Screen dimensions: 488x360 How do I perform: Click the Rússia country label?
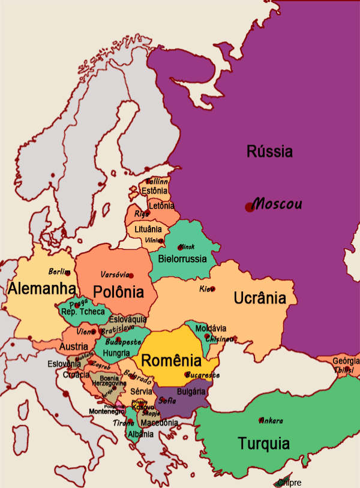coord(269,152)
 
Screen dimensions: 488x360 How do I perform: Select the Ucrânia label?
coord(265,298)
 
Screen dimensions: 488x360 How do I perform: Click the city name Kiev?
coord(206,289)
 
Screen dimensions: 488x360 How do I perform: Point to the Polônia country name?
coord(119,293)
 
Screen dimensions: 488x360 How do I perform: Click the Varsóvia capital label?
coord(115,275)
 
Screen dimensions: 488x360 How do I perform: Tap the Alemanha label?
coord(41,289)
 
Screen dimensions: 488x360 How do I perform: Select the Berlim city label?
coord(59,272)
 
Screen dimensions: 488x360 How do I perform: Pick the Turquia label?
coord(263,444)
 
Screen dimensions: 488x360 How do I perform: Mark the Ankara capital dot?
coord(260,420)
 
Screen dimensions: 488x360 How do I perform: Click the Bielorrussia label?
coord(182,260)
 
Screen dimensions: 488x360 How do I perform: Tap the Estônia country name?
coord(154,191)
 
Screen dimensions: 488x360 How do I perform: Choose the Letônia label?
coord(161,206)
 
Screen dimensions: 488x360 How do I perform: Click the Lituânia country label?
coord(148,229)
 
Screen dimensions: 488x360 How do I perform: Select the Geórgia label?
coord(346,361)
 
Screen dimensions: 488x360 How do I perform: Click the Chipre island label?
coord(289,483)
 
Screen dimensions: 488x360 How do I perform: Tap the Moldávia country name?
coord(211,329)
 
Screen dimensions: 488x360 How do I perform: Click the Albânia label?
coord(140,434)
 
